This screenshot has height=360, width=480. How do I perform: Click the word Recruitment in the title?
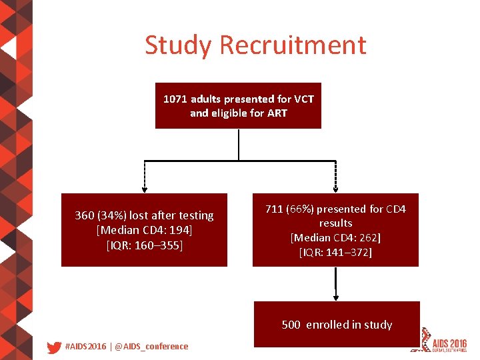pos(293,45)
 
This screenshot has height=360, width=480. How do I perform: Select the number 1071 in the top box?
pos(176,99)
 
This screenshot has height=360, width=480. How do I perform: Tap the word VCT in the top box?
pos(303,99)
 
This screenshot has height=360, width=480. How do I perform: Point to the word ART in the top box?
pos(277,113)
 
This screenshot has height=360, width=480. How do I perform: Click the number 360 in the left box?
pos(85,215)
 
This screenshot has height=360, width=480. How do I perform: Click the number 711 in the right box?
pos(274,209)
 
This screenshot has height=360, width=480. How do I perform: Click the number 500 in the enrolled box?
pos(291,325)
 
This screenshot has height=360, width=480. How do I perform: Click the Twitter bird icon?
pos(54,347)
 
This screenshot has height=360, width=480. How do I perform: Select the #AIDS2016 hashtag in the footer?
pos(85,347)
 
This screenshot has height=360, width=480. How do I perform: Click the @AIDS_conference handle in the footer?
pos(152,347)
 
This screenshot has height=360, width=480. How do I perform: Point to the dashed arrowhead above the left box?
pos(145,189)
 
